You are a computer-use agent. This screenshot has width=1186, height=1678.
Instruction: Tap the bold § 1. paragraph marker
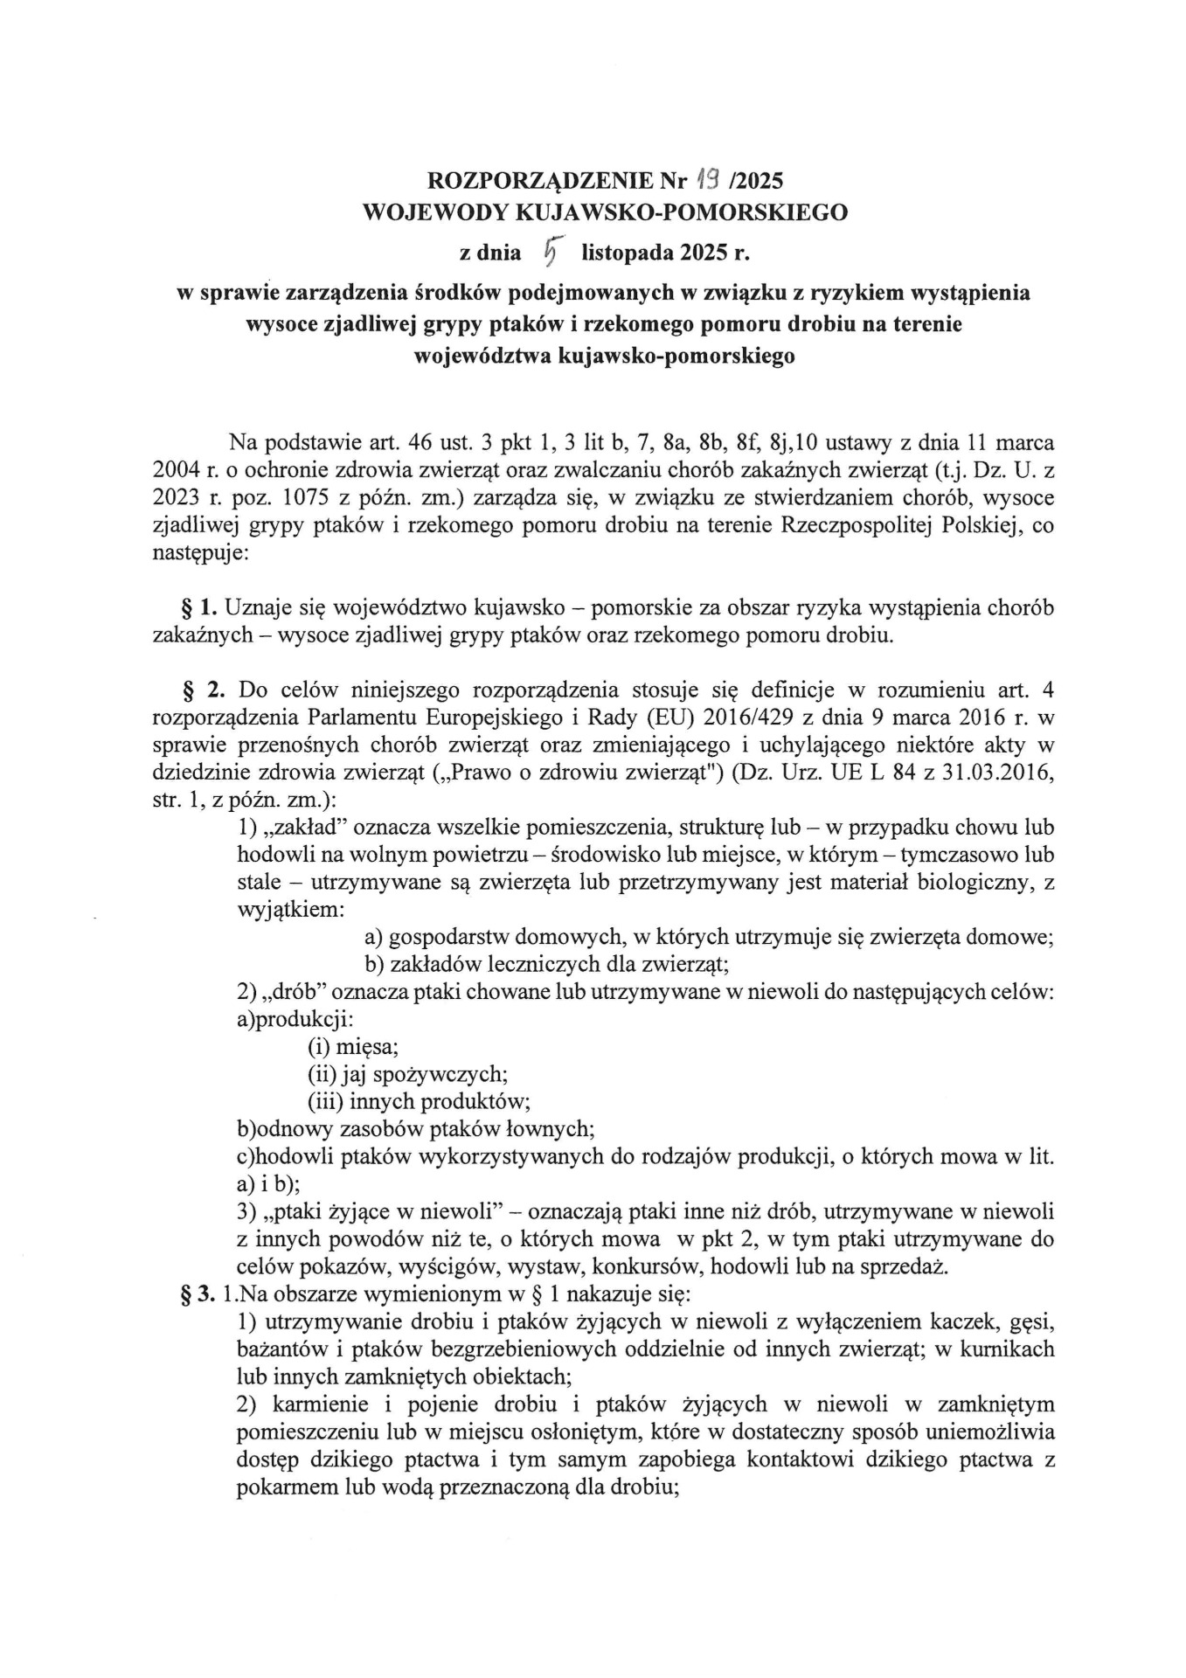(x=198, y=607)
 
